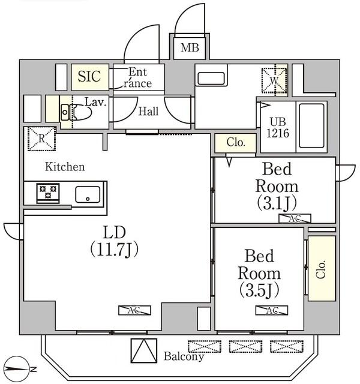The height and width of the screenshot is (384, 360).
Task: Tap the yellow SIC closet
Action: click(91, 77)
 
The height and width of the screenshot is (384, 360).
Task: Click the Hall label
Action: click(149, 111)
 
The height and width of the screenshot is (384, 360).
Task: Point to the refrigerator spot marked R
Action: click(40, 139)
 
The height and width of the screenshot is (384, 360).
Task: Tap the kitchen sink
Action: click(88, 194)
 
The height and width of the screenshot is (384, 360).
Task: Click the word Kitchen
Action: click(65, 167)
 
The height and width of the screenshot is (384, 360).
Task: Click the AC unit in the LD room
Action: click(134, 310)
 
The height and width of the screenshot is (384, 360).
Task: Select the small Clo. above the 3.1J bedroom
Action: click(235, 143)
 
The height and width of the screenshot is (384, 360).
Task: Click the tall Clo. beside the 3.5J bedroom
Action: click(321, 268)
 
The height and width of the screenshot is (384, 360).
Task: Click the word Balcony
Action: click(184, 356)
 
